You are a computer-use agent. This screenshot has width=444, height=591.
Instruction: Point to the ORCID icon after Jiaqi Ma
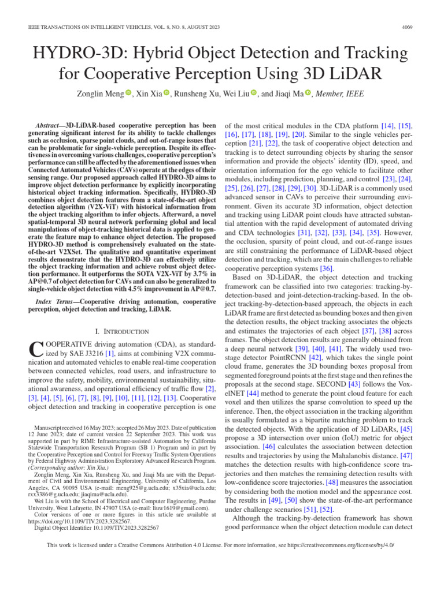[308, 93]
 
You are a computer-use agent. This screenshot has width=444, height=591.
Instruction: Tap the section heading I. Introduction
[122, 331]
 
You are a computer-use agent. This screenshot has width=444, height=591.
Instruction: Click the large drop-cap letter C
[36, 350]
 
